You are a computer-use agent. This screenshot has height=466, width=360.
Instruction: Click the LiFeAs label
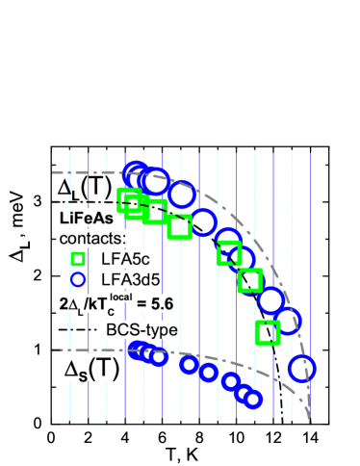87,218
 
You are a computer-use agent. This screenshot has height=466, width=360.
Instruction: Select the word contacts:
92,238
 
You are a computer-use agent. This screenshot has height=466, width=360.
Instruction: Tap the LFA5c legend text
124,258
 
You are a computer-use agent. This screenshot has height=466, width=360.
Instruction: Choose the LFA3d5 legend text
130,279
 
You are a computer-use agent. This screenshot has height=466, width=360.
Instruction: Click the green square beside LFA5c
78,258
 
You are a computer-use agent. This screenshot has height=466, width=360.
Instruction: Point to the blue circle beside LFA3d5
78,279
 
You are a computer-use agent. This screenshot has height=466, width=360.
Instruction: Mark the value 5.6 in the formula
161,303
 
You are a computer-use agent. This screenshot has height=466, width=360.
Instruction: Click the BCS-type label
141,329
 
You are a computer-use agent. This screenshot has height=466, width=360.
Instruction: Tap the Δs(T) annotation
91,367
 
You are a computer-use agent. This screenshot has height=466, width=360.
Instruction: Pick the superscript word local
120,297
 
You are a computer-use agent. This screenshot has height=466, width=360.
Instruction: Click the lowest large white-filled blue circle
301,368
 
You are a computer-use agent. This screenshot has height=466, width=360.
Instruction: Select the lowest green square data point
268,332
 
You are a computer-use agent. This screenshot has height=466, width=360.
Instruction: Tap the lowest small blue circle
252,399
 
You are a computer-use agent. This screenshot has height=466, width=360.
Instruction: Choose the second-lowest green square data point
250,280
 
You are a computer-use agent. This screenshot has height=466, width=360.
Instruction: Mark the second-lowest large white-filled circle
287,321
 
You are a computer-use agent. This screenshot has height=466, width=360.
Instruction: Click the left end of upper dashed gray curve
54,172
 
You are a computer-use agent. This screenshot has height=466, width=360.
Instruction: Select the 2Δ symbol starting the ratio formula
67,303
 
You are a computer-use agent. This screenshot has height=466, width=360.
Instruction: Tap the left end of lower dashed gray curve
54,350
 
